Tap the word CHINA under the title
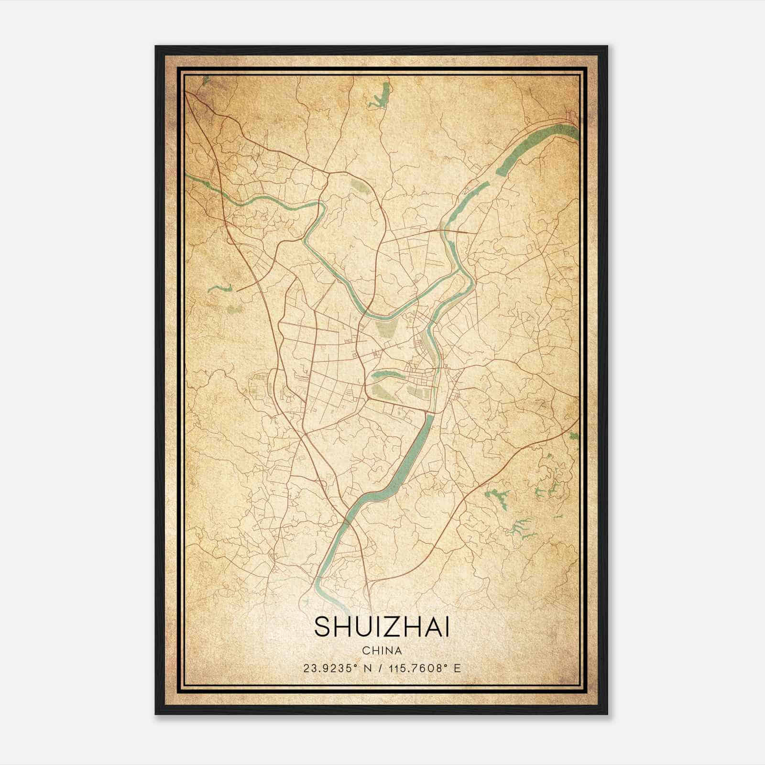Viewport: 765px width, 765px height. tap(382, 651)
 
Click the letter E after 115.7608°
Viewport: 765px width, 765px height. tap(458, 668)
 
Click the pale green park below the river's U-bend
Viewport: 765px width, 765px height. tap(385, 329)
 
